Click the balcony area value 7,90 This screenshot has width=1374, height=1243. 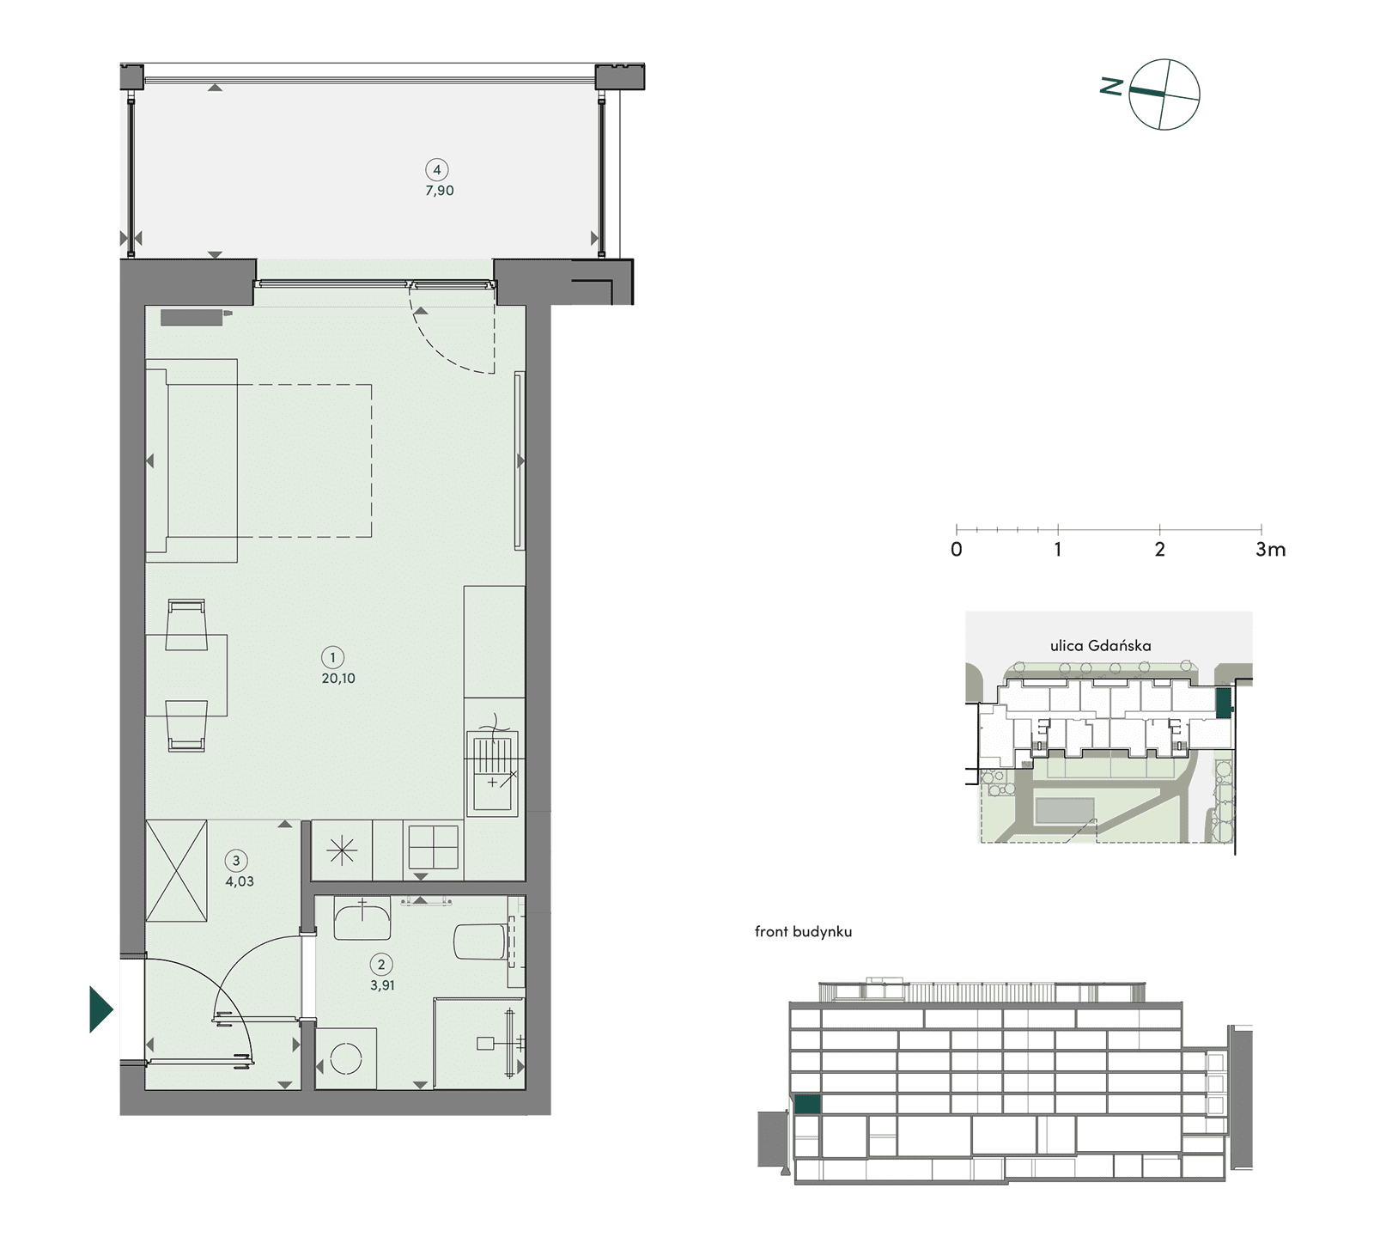[x=440, y=191]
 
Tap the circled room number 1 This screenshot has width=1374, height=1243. [x=332, y=658]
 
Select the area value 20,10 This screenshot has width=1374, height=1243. [x=338, y=679]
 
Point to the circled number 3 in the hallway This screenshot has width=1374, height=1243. [x=236, y=861]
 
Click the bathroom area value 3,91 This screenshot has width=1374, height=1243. [x=382, y=986]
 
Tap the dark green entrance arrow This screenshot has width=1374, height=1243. [x=101, y=1009]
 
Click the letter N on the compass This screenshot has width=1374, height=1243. [x=1112, y=86]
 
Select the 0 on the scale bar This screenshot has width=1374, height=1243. [x=957, y=550]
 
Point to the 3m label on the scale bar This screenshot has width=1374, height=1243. [x=1270, y=550]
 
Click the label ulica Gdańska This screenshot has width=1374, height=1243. [x=1100, y=646]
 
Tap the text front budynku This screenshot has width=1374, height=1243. [x=803, y=932]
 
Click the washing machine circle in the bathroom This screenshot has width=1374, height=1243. [x=346, y=1058]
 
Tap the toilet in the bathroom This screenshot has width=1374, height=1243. [x=479, y=941]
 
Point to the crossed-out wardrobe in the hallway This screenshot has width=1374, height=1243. [x=177, y=871]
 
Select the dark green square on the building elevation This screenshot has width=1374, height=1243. [x=807, y=1105]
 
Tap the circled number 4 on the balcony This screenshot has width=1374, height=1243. [x=437, y=170]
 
